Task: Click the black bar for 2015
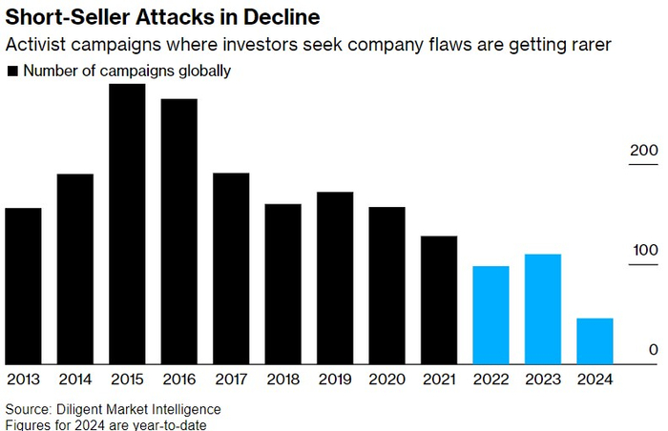point(127,223)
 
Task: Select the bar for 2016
point(178,231)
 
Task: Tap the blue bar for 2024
point(595,340)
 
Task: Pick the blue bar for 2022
point(491,315)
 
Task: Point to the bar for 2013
point(23,285)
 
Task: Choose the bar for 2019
point(335,277)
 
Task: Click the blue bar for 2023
point(543,308)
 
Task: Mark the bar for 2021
point(439,299)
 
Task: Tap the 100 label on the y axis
point(645,251)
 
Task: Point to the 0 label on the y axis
point(654,350)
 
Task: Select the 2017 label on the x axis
point(231,379)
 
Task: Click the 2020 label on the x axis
point(386,379)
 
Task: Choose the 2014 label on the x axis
point(74,379)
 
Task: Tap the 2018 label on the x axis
point(282,379)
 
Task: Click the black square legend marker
point(12,72)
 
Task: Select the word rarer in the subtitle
point(585,45)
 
